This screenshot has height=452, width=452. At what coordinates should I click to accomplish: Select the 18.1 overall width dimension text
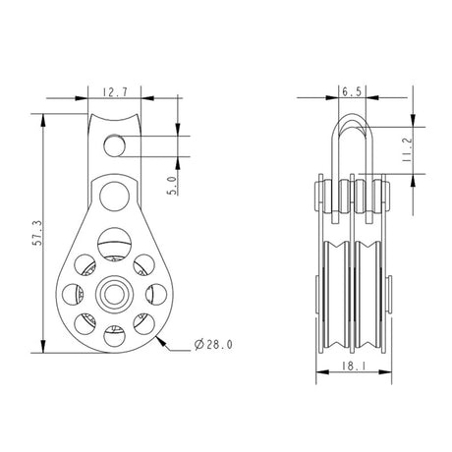[349, 368]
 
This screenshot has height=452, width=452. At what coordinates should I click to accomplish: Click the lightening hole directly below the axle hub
[117, 337]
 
